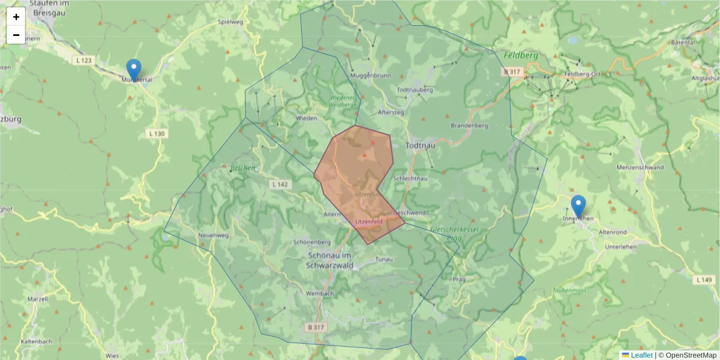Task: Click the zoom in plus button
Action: [x=16, y=17]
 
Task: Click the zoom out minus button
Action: [x=16, y=35]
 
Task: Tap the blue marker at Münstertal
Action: [x=134, y=70]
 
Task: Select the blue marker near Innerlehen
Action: [x=578, y=206]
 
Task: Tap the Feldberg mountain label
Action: [x=521, y=55]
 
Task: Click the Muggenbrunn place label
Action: [x=370, y=76]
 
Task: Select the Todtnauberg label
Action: [x=415, y=90]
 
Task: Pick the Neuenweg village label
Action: [x=214, y=236]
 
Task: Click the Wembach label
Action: [x=319, y=293]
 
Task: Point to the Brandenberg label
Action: [x=470, y=126]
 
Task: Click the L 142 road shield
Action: [x=280, y=184]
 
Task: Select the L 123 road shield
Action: [x=85, y=61]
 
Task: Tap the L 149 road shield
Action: [x=704, y=280]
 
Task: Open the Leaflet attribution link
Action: [x=641, y=355]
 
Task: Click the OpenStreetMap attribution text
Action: [x=690, y=355]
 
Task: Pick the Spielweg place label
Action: [x=231, y=22]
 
